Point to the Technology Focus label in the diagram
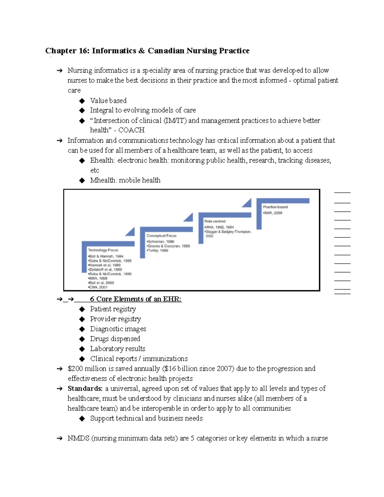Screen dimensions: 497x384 [x=103, y=250]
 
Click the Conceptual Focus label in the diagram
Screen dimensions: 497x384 [x=161, y=236]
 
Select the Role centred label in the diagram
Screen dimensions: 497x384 [x=215, y=221]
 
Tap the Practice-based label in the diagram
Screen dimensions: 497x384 [x=275, y=207]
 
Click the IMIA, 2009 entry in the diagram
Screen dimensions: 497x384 [x=273, y=213]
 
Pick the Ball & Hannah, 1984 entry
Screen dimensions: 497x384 [x=106, y=256]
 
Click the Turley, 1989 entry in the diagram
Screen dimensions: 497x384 [x=158, y=251]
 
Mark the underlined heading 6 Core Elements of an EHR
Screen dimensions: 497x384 [x=136, y=299]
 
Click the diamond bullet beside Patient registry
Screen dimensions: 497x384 [x=82, y=309]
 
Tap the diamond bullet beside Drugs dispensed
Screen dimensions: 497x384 [x=82, y=339]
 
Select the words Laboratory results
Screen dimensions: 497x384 [x=117, y=349]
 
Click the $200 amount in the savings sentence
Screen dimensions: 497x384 [x=75, y=369]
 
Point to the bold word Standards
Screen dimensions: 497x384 [x=85, y=389]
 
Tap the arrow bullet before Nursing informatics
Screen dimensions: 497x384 [x=60, y=71]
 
